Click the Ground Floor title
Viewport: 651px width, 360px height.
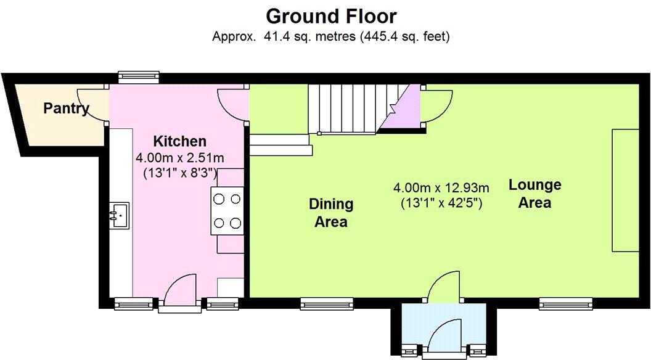pyautogui.click(x=331, y=15)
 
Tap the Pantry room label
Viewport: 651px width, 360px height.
pyautogui.click(x=66, y=109)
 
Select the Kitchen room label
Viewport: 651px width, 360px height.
pyautogui.click(x=179, y=141)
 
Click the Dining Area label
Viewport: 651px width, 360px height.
pyautogui.click(x=331, y=213)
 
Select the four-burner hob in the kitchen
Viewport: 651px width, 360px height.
pyautogui.click(x=227, y=210)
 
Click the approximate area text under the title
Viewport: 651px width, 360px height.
pyautogui.click(x=331, y=37)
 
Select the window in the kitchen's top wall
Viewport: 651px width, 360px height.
pyautogui.click(x=138, y=76)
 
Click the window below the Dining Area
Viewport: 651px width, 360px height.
pyautogui.click(x=326, y=303)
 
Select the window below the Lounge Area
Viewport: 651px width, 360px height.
pyautogui.click(x=565, y=303)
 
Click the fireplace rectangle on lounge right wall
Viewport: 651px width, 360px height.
pyautogui.click(x=623, y=190)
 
